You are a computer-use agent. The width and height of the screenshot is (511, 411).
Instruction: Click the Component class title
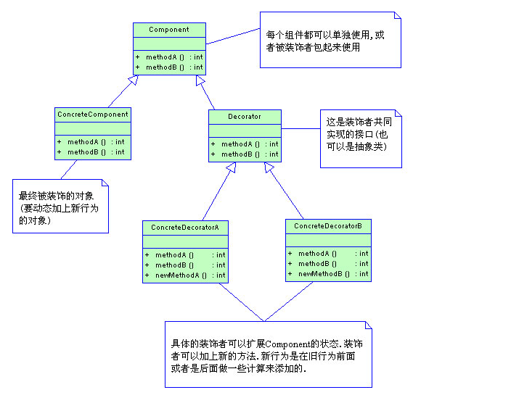tap(169, 30)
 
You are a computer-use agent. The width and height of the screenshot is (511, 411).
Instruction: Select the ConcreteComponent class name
tap(92, 115)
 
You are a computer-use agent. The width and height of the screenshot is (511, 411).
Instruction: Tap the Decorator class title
tap(245, 117)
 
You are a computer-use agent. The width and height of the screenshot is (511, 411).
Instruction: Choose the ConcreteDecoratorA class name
tap(185, 228)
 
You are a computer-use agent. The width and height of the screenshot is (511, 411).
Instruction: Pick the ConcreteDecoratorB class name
tap(328, 227)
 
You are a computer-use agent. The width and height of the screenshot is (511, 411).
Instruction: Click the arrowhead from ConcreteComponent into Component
tap(132, 80)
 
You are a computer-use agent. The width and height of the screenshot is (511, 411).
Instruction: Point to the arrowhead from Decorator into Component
tap(200, 80)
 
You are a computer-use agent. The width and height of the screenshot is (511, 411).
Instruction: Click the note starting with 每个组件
tap(330, 41)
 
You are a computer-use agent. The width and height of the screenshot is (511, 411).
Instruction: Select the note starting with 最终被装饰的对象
tap(60, 207)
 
